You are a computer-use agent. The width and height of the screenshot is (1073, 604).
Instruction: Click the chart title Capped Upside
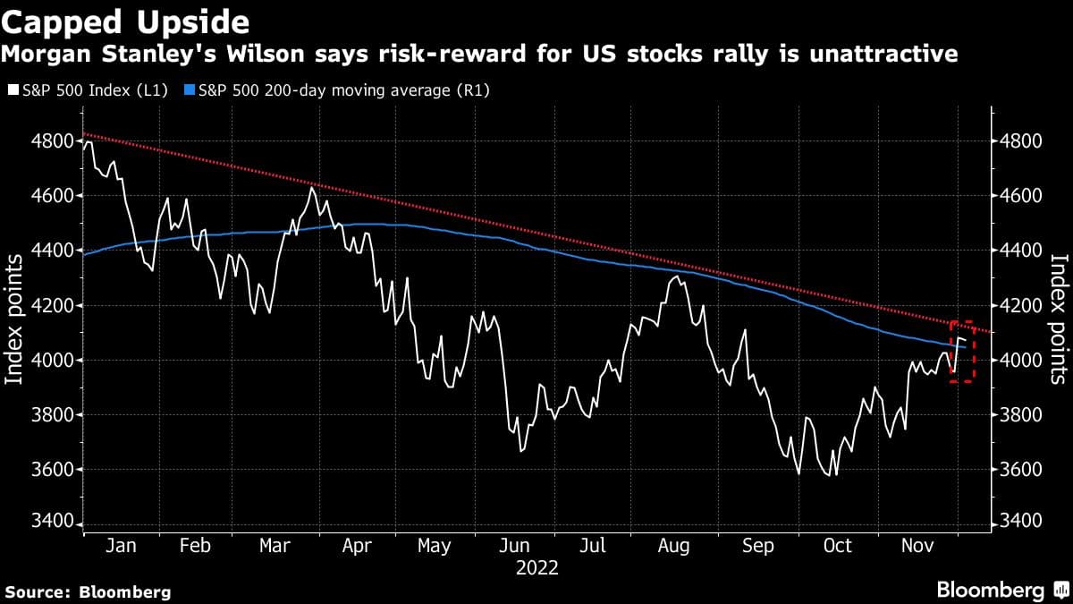tap(125, 20)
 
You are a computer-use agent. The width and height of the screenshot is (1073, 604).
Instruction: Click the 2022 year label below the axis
tap(537, 568)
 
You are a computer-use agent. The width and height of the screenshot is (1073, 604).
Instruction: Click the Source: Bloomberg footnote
tap(88, 591)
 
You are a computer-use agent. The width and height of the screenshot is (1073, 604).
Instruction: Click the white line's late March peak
tap(311, 188)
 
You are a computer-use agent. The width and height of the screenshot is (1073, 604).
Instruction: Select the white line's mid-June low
tap(521, 451)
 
